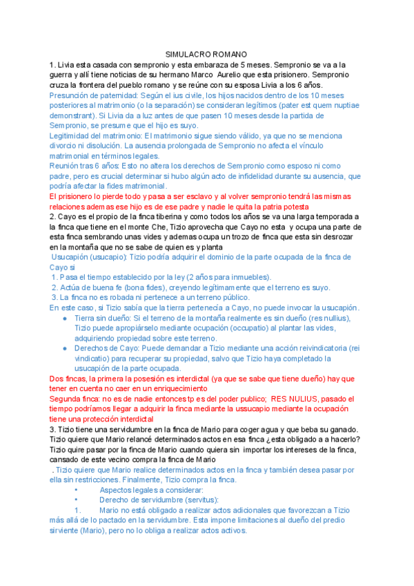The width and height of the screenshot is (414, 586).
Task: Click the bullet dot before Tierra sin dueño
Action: tap(64, 318)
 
